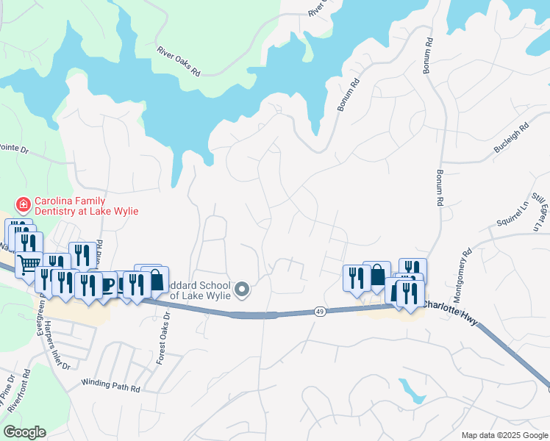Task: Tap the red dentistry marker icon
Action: coord(24,204)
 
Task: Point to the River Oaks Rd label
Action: coord(179,62)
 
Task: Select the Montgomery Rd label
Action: coord(460,270)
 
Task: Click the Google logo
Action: coord(24,432)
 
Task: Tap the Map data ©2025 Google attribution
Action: coord(504,435)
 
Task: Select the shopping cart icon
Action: coord(28,265)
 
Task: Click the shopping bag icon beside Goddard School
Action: coord(157,280)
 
